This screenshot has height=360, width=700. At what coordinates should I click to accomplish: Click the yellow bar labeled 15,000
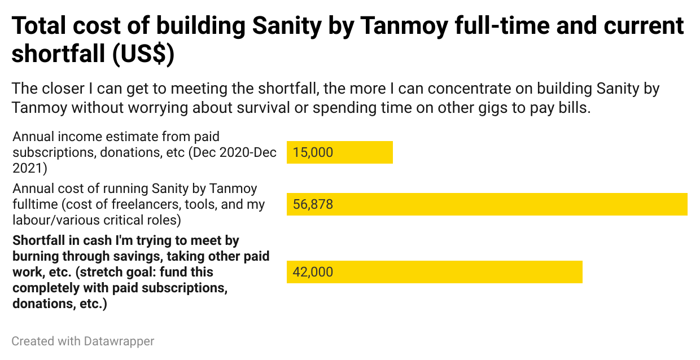[x=361, y=152]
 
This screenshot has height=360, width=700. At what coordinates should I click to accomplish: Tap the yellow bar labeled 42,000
[x=452, y=272]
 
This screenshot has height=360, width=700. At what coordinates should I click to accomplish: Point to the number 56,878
[x=313, y=204]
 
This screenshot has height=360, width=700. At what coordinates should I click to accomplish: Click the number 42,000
[x=313, y=272]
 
